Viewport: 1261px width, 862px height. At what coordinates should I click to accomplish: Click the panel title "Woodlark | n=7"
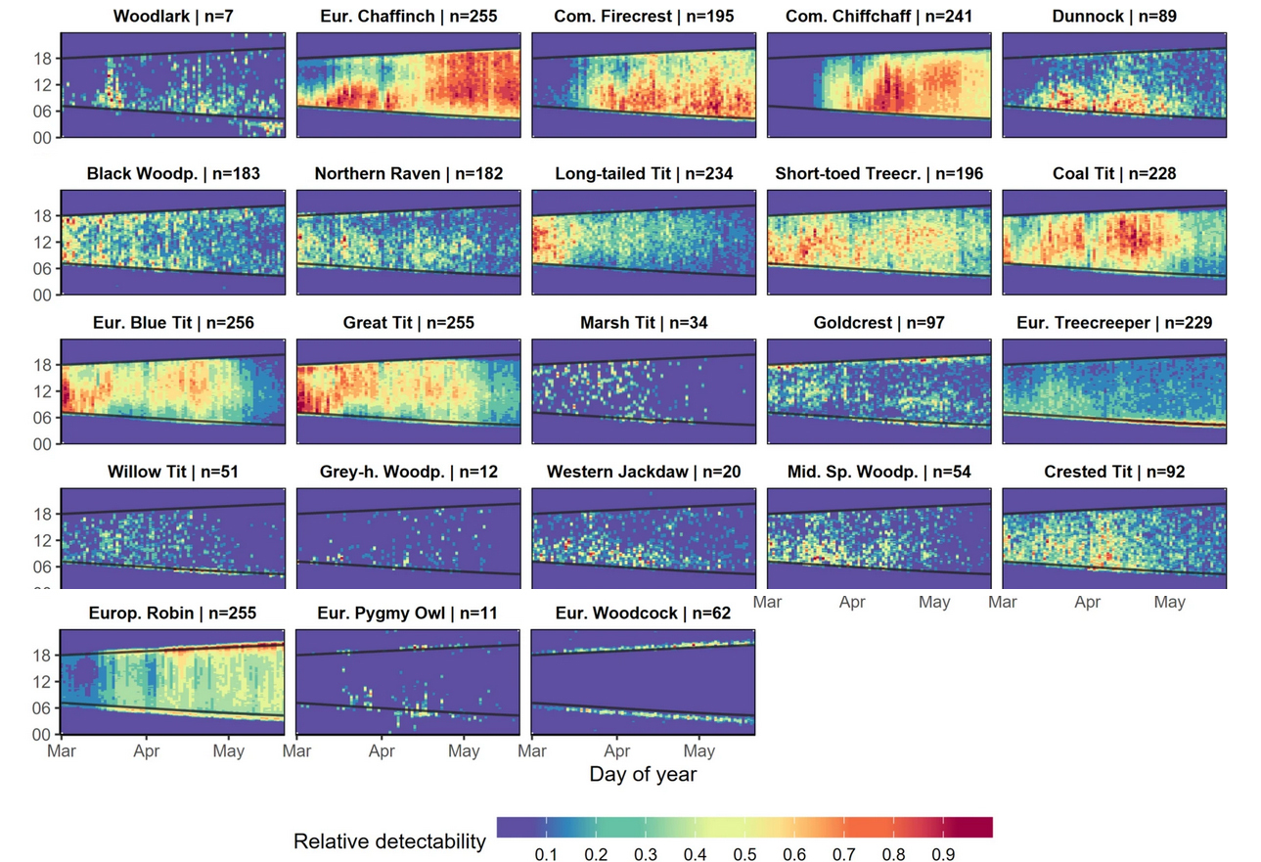pos(172,16)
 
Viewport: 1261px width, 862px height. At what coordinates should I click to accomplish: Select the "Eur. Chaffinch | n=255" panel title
pos(408,16)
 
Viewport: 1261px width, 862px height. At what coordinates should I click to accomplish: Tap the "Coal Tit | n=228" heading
pos(1114,173)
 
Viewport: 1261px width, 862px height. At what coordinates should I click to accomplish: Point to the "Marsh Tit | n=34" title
pos(644,323)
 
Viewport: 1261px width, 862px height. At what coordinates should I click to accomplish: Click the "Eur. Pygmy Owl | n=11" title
pos(407,613)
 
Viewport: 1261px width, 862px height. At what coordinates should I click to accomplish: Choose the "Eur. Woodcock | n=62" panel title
pos(643,613)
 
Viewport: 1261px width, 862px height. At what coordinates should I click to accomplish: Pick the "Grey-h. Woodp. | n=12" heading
pos(408,473)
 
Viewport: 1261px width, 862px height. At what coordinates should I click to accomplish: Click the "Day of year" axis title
pos(643,774)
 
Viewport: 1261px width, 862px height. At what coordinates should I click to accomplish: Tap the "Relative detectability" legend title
pos(389,840)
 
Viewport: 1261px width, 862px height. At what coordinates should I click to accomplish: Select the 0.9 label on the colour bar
pos(943,855)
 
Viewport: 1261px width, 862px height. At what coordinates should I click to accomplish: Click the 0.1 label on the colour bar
pos(545,855)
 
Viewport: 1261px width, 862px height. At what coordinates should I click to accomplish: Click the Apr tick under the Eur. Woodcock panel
pos(617,751)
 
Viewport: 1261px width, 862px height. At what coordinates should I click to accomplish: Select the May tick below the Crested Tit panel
pos(1169,602)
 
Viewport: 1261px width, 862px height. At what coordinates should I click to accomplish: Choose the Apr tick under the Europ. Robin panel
pos(147,751)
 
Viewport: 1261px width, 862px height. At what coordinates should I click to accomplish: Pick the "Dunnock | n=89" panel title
pos(1114,16)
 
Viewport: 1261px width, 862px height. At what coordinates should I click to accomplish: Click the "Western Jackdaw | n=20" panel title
pos(644,473)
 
